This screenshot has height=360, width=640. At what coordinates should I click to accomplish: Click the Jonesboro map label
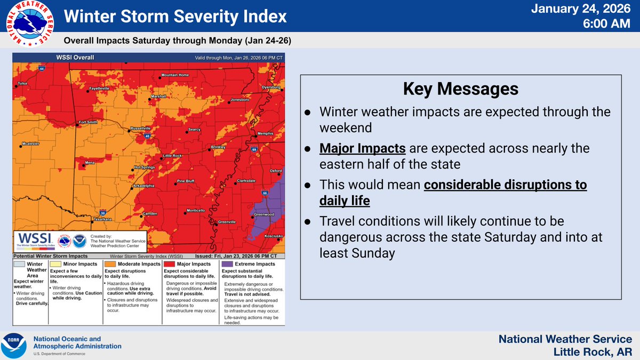[x=239, y=100]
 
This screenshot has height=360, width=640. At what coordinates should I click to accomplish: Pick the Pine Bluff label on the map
[x=186, y=181]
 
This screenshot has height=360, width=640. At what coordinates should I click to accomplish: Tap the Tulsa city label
[x=22, y=83]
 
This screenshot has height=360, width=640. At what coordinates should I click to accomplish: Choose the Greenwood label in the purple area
[x=263, y=214]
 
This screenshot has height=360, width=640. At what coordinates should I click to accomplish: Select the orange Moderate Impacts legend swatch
[x=109, y=264]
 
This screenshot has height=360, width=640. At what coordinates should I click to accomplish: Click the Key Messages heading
[x=460, y=89]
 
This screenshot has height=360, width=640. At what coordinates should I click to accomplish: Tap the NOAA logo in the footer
[x=14, y=346]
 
